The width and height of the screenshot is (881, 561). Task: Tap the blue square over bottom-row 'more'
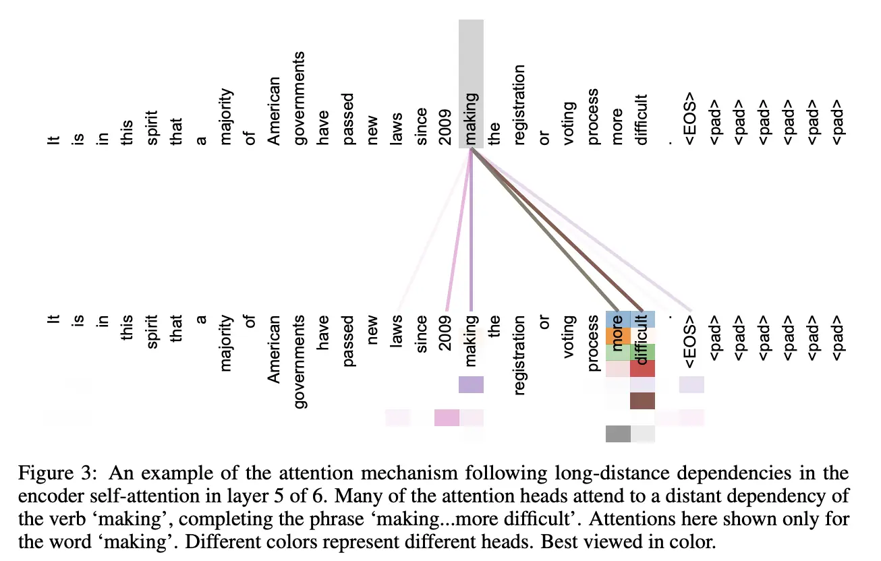pyautogui.click(x=618, y=319)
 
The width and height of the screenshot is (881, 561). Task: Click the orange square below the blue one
pyautogui.click(x=618, y=336)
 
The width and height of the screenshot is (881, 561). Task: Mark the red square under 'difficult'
pyautogui.click(x=642, y=369)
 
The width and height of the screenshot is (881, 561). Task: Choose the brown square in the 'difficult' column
pyautogui.click(x=642, y=401)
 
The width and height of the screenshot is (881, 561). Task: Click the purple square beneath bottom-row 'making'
pyautogui.click(x=471, y=385)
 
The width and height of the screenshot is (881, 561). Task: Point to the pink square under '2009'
pyautogui.click(x=447, y=418)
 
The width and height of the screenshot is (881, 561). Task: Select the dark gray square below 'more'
pyautogui.click(x=618, y=434)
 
